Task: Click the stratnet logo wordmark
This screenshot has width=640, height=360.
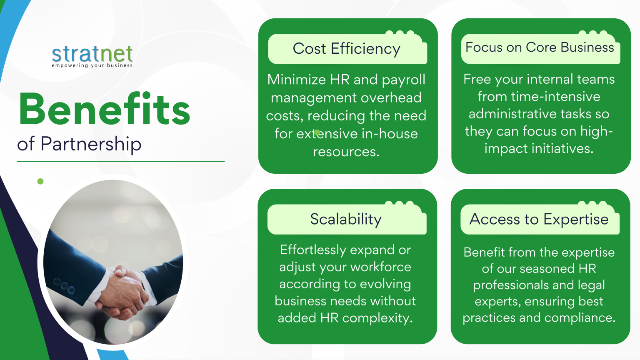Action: coord(92,54)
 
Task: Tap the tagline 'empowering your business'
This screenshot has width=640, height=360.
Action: coord(92,65)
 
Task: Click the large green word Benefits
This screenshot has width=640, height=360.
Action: coord(104,109)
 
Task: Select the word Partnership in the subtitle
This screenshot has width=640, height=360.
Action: coord(91,144)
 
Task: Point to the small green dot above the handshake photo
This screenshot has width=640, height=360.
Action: coord(40,181)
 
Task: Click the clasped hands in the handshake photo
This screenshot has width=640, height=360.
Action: coord(123,291)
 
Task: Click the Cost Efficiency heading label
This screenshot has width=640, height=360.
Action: coord(346,49)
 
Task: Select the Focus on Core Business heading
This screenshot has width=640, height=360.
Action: coord(540,47)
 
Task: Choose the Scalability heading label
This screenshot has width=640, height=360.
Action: coord(346,219)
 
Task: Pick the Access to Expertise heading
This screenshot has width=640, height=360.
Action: coord(539,219)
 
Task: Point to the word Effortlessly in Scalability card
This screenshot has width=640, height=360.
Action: coord(313,250)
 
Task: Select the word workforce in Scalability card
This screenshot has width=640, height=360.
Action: coord(380,267)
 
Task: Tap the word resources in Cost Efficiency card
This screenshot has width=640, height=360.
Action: coord(346,152)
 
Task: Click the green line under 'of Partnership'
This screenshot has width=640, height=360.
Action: coord(120,161)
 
